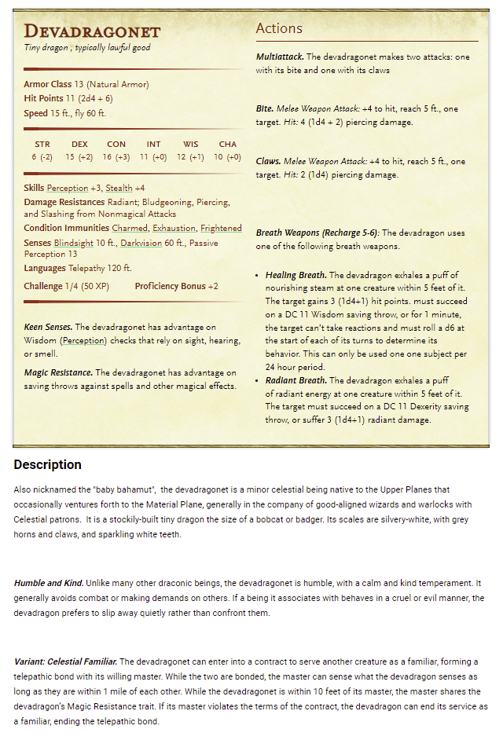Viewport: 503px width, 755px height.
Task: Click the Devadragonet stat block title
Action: (92, 31)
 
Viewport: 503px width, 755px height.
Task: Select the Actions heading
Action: (279, 28)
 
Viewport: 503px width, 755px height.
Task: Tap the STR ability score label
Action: (42, 145)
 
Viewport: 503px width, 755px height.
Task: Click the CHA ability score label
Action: (228, 145)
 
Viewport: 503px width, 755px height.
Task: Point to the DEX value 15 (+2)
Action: (79, 157)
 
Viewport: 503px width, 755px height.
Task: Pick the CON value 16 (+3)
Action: (116, 157)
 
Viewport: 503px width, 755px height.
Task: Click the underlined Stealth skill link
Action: (119, 188)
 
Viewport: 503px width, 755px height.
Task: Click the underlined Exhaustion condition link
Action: (174, 228)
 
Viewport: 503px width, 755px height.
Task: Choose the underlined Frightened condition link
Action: (221, 228)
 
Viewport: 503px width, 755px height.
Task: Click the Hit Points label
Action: (42, 98)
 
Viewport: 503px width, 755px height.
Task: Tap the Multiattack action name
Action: (279, 57)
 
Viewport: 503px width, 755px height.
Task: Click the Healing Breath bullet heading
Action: (296, 275)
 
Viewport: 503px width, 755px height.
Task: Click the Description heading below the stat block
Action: (47, 464)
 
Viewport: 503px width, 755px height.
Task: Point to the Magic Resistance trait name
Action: (57, 372)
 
